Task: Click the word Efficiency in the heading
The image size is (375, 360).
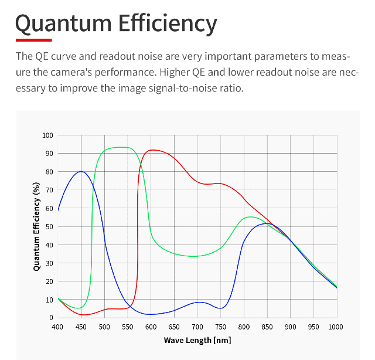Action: [x=168, y=23]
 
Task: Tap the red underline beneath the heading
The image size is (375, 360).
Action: [x=33, y=40]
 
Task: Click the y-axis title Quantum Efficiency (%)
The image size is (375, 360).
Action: [x=36, y=226]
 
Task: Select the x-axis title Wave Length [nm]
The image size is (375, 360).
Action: [x=197, y=340]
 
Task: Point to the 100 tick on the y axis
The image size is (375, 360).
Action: [x=47, y=135]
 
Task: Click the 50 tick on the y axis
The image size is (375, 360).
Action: [x=49, y=226]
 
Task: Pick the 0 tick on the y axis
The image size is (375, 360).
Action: [x=51, y=318]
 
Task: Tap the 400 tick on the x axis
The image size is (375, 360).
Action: [x=57, y=327]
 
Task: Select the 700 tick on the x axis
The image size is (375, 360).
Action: [x=197, y=327]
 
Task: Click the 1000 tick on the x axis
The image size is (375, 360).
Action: [x=336, y=327]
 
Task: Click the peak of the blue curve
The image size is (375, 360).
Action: [x=81, y=172]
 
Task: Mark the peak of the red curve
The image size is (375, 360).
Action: [x=152, y=150]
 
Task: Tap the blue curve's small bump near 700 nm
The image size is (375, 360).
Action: [x=199, y=302]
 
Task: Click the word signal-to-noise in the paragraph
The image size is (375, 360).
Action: [x=181, y=89]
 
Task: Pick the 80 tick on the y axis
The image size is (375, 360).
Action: [x=49, y=172]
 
